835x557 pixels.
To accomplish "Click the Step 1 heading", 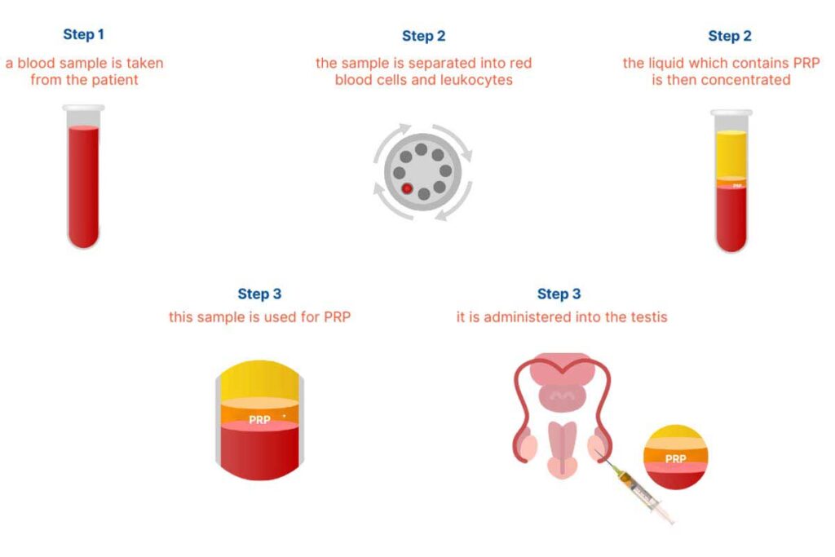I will click(83, 35).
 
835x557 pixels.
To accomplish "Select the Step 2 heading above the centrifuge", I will click(423, 36).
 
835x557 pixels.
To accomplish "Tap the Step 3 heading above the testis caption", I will click(559, 294).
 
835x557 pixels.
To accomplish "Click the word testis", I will click(647, 316).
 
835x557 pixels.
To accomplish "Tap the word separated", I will click(449, 63).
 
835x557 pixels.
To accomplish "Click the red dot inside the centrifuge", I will click(406, 188).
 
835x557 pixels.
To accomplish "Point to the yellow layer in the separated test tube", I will click(731, 152).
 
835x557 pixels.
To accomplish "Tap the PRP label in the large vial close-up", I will click(259, 419).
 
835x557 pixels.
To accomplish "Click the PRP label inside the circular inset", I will click(675, 459).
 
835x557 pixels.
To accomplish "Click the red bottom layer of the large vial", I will click(259, 453).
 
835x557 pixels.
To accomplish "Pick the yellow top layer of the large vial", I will click(259, 379).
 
